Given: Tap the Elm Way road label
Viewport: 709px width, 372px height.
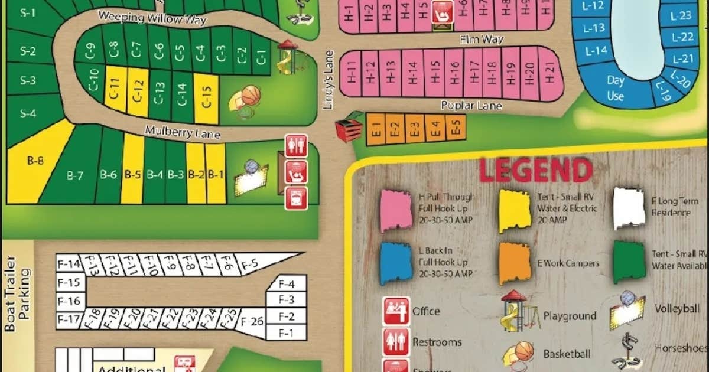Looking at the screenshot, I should point(482,40).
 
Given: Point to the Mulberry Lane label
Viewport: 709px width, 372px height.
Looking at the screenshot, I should point(183,132).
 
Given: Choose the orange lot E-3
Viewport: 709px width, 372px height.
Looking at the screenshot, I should point(415,129).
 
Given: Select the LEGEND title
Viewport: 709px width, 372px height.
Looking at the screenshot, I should point(535,169).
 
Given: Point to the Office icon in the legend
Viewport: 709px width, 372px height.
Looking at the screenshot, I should point(396,311).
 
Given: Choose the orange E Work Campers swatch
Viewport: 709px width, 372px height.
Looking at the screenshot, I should point(515,263).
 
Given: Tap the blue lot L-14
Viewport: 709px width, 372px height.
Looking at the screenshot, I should point(597,51).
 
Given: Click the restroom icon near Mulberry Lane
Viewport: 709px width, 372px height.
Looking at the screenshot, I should point(296,146).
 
